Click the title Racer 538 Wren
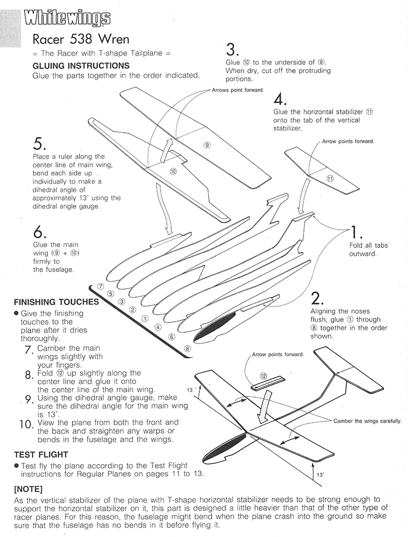81,39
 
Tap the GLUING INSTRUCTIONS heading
81,66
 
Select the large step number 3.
232,50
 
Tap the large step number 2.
318,298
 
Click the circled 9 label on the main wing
207,145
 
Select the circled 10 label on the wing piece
173,172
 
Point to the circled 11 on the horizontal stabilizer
329,178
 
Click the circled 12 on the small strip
263,376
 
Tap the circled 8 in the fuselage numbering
188,349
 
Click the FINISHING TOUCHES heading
56,302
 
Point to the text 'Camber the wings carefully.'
367,421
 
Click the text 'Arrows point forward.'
238,90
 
